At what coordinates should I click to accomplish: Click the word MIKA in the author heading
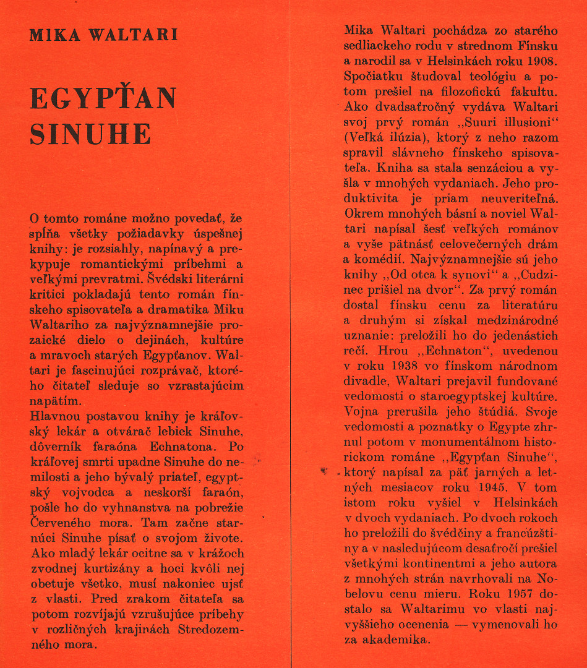(x=50, y=34)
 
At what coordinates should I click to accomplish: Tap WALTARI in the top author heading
(x=134, y=34)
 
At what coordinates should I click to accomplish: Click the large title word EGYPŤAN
(x=103, y=99)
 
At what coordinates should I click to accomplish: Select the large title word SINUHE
(x=90, y=134)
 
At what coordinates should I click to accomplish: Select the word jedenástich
(x=522, y=336)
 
